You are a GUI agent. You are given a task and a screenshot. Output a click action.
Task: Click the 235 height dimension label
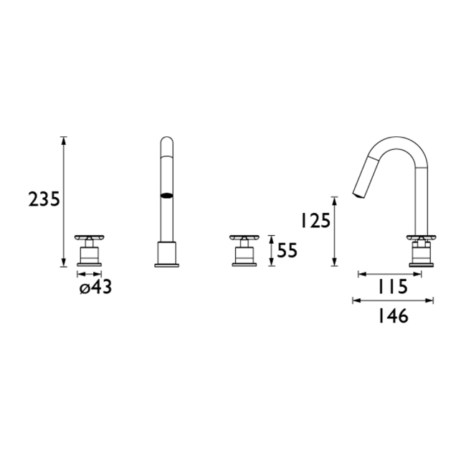tap(44, 200)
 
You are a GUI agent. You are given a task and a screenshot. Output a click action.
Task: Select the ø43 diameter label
tap(96, 287)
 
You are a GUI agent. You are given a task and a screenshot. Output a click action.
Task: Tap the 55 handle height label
tap(287, 251)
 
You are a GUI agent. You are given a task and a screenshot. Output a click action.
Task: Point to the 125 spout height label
tap(315, 221)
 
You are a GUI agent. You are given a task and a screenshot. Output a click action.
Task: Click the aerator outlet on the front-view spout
tap(166, 195)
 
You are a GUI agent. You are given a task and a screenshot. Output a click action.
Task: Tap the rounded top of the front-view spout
tap(166, 141)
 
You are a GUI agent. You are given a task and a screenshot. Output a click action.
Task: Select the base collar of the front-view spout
tap(166, 255)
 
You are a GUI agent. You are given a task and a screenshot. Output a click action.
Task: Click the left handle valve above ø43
tap(89, 250)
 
